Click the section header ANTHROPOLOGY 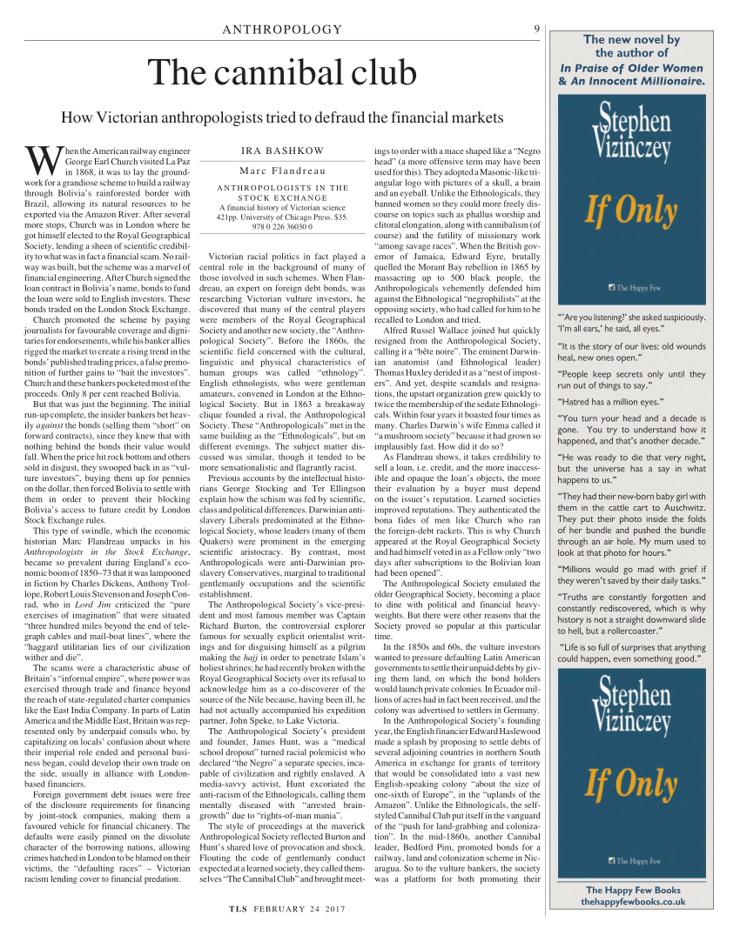click(282, 30)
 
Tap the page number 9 click(537, 29)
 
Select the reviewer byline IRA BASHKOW click(282, 150)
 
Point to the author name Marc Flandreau click(282, 170)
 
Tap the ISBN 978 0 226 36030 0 click(282, 226)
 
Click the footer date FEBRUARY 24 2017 click(299, 909)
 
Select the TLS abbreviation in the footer click(239, 909)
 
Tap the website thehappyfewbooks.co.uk click(632, 902)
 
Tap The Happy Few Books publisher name click(632, 890)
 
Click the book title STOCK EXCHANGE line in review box click(282, 198)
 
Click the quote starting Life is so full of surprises click(632, 652)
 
